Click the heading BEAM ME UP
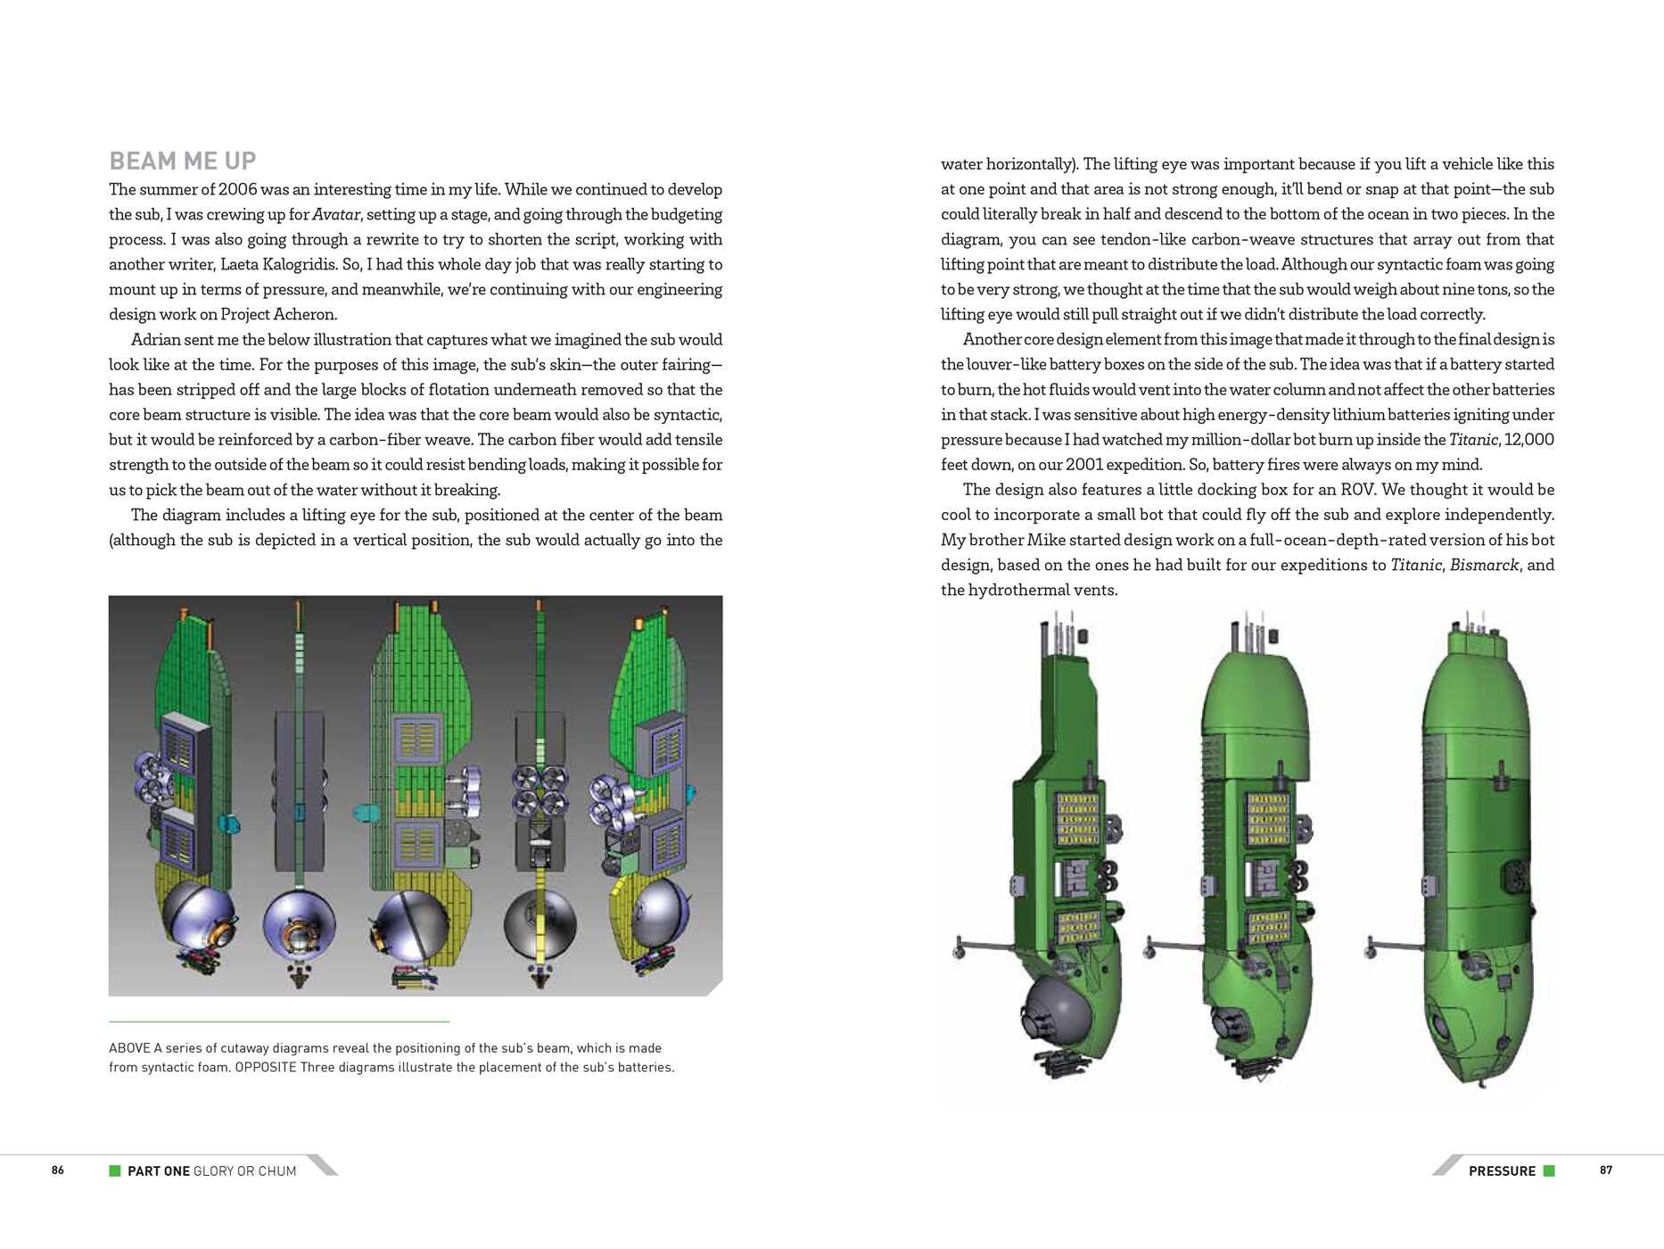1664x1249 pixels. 183,161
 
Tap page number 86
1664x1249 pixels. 58,1170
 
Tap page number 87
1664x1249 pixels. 1606,1170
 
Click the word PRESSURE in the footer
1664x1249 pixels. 1502,1171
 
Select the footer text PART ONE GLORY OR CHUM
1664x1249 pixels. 212,1171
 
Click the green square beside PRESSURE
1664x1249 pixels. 1549,1171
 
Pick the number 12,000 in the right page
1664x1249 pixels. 1529,440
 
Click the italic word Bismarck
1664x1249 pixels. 1485,565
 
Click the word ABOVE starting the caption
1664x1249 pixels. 129,1048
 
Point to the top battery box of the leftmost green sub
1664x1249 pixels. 1077,819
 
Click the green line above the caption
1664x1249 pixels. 279,1022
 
